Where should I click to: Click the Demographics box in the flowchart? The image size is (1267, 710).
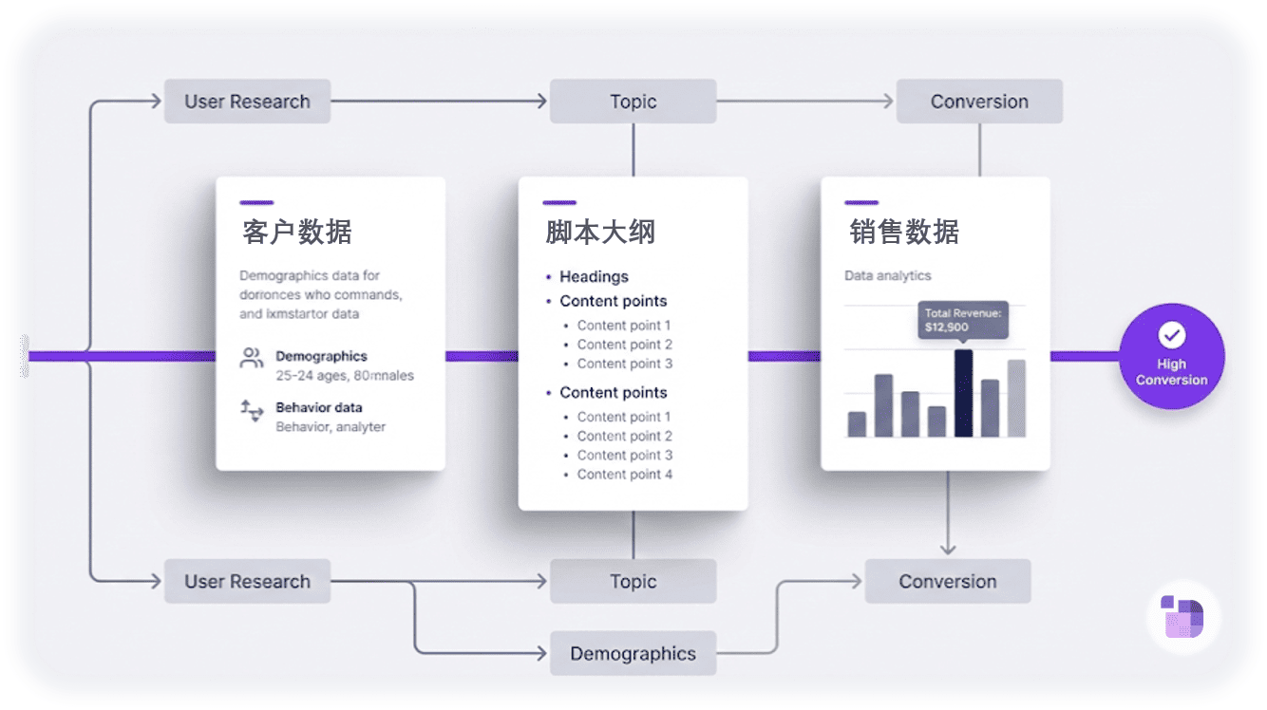point(633,653)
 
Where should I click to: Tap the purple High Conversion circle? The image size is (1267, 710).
point(1171,356)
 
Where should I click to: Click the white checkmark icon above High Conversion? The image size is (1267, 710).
point(1172,335)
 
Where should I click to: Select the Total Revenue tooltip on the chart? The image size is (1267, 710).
point(963,320)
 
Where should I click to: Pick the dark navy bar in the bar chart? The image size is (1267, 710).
point(963,393)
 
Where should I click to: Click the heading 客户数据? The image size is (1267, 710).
point(297,232)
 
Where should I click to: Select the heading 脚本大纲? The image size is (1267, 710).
point(600,232)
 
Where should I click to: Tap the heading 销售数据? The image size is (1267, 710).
point(903,232)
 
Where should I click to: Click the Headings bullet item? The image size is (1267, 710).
point(594,276)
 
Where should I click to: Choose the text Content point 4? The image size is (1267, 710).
point(624,474)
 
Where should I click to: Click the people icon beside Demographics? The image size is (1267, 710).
point(252,358)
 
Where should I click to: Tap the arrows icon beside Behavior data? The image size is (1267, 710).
point(252,410)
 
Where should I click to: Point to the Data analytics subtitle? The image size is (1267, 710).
point(887,275)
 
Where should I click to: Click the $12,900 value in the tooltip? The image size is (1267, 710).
point(947,327)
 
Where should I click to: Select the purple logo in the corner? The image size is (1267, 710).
point(1182,616)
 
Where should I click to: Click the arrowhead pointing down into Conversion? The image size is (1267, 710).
point(947,548)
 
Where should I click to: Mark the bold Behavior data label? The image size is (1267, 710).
point(318,407)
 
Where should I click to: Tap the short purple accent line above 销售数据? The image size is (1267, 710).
point(860,202)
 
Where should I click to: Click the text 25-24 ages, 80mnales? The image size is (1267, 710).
point(344,375)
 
